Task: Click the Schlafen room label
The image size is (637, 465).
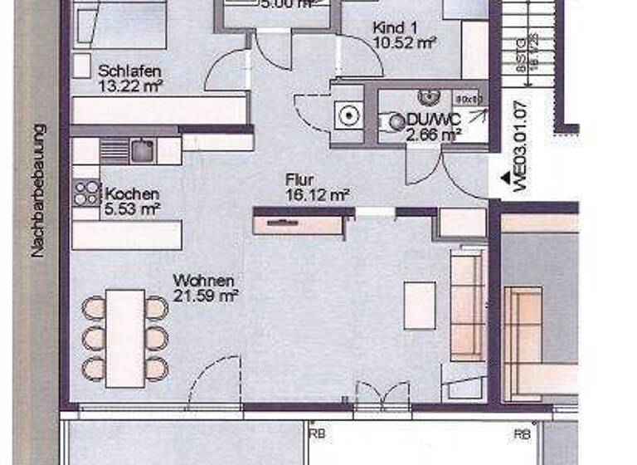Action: pos(129,71)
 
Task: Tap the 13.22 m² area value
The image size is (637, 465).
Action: pos(130,84)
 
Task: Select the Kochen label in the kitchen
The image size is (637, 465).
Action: pos(133,194)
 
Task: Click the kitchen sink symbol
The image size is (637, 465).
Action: pos(141,150)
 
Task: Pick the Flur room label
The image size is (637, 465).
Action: pos(298,180)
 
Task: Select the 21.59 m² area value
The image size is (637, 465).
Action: pos(207,294)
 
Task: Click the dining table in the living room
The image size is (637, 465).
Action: pos(125,338)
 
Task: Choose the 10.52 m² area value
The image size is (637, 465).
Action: pos(405,42)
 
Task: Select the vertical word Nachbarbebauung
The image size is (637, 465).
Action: pos(39,190)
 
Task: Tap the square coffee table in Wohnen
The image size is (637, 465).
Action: pos(420,305)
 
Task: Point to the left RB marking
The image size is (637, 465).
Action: pos(316,433)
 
